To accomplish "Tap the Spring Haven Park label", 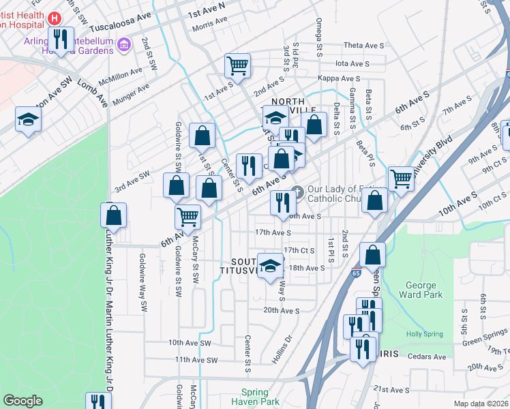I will pyautogui.click(x=260, y=397).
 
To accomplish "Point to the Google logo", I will pyautogui.click(x=22, y=401).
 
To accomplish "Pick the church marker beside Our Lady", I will pyautogui.click(x=296, y=190).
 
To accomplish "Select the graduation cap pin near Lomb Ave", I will pyautogui.click(x=29, y=120).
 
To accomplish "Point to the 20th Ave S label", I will pyautogui.click(x=282, y=311).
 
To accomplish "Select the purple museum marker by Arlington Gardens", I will pyautogui.click(x=123, y=46).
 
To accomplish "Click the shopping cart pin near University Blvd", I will pyautogui.click(x=401, y=179).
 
